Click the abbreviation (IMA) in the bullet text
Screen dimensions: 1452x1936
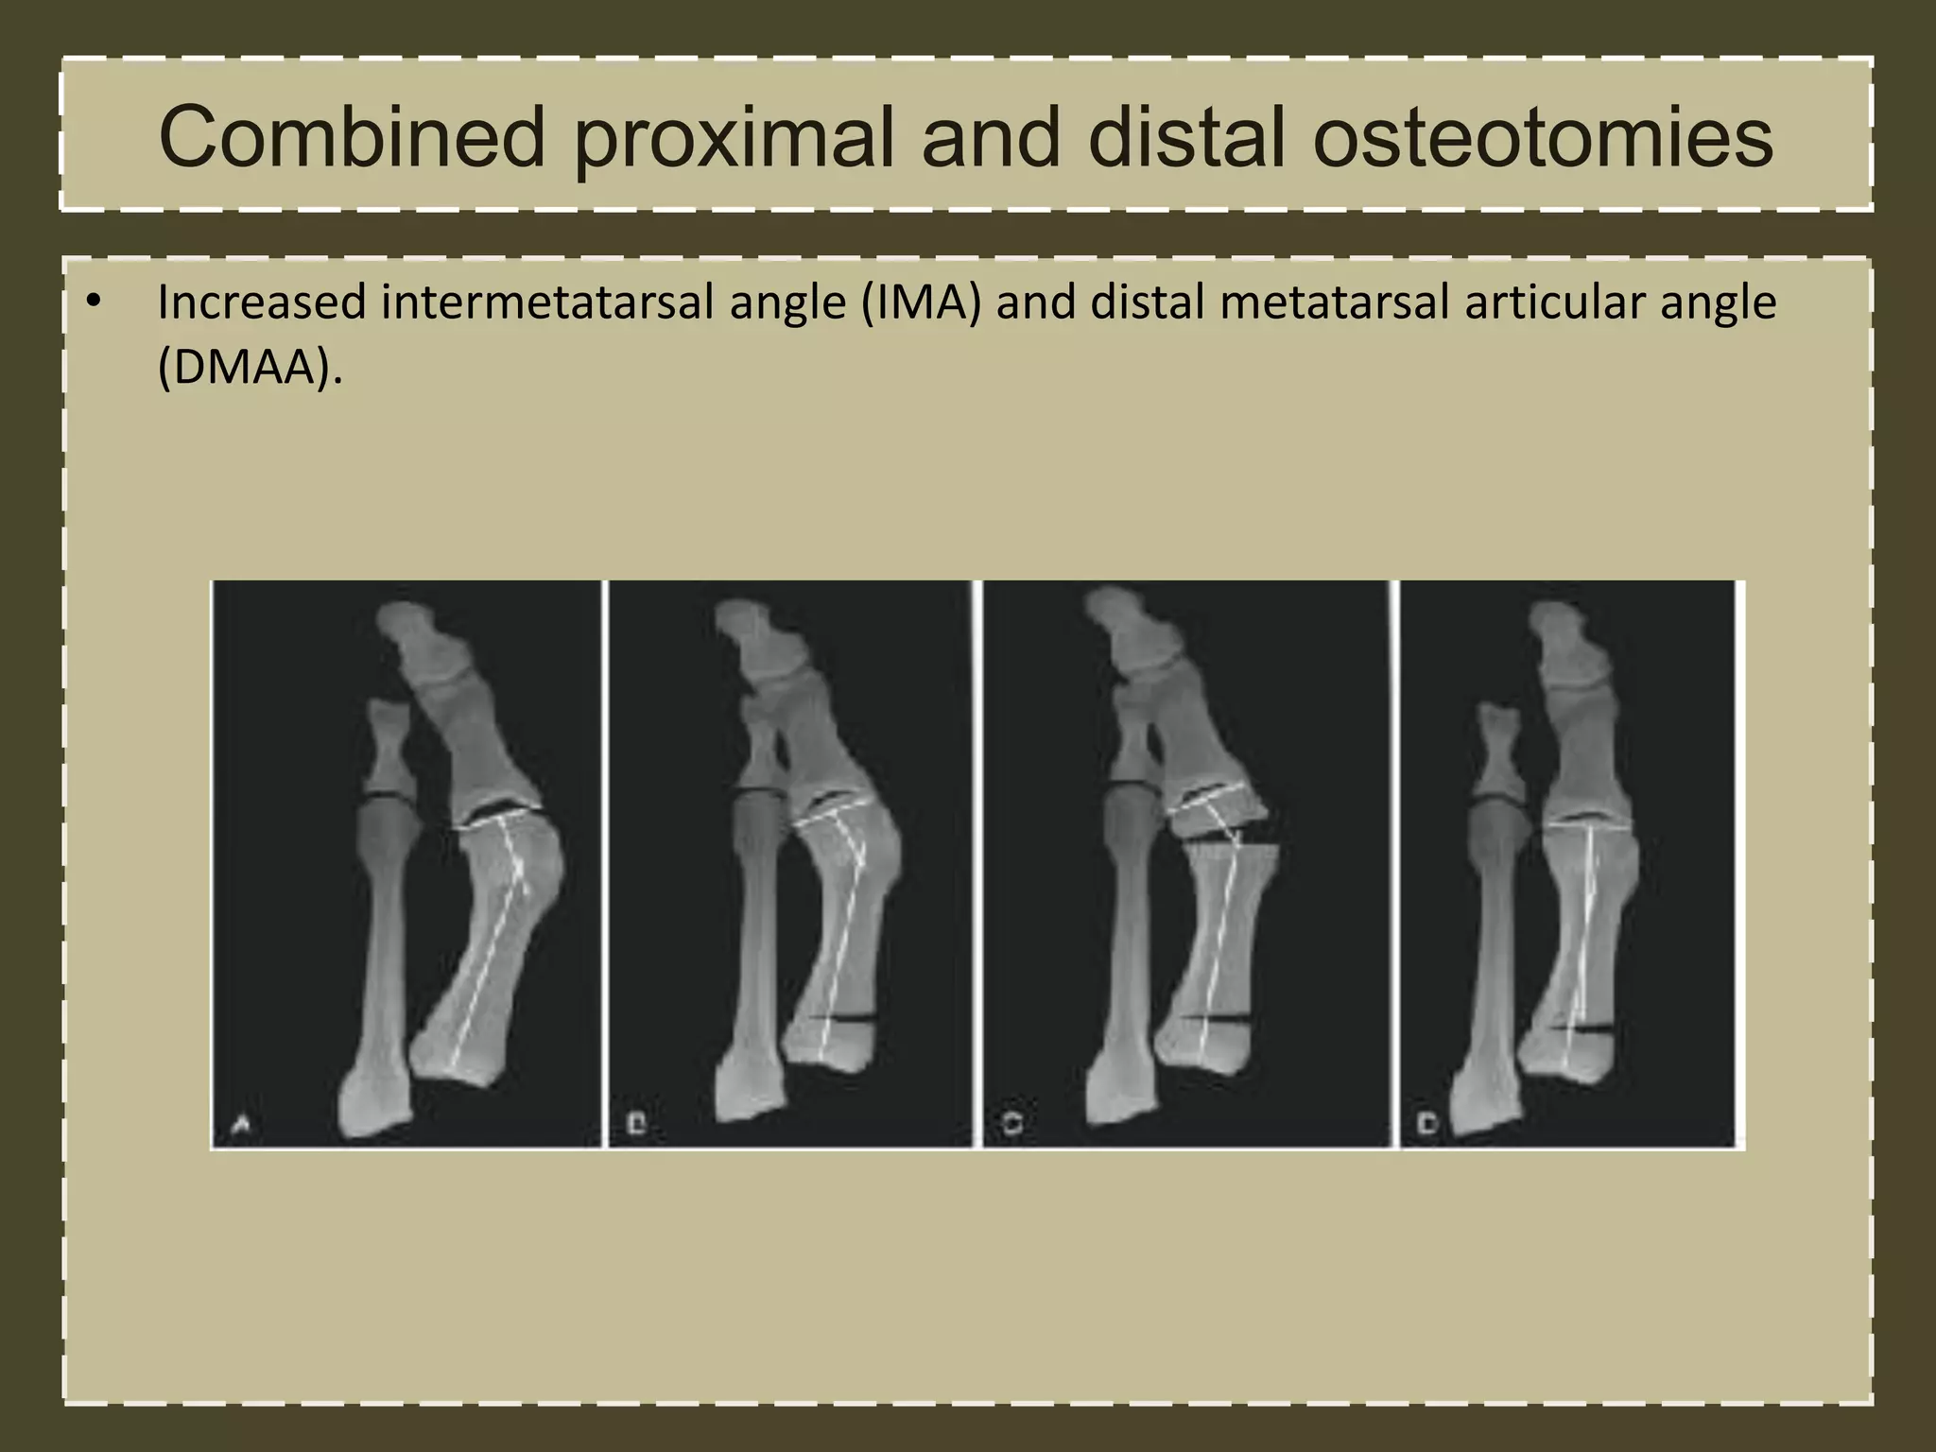[x=921, y=303]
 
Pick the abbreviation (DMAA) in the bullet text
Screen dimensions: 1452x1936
[x=249, y=367]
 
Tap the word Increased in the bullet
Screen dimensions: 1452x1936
[x=262, y=303]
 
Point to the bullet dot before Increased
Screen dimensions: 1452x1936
[x=92, y=302]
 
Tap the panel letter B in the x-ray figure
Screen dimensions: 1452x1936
[x=636, y=1124]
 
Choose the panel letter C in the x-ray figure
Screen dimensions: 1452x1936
[x=1011, y=1124]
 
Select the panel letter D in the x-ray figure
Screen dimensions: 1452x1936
[x=1427, y=1124]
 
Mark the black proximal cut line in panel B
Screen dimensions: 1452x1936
[x=844, y=1018]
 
